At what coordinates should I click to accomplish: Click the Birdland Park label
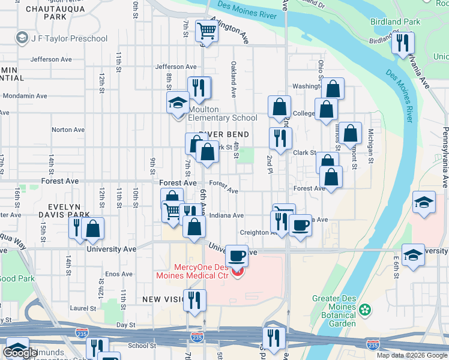tap(395, 22)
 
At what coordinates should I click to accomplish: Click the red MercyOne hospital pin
tap(238, 273)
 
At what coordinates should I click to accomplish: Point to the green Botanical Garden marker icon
tap(364, 310)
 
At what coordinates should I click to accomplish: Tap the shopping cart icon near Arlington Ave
tap(206, 30)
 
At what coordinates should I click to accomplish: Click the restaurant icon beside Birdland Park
tap(403, 43)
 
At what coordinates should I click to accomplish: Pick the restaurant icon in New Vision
tap(194, 299)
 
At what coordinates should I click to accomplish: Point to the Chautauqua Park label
tap(55, 13)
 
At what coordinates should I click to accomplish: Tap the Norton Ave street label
tap(68, 130)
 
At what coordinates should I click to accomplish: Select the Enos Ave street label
tap(119, 274)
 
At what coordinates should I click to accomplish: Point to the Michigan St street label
tap(371, 146)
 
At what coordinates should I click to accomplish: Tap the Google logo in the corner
tap(20, 353)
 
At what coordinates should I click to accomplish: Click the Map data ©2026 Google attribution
tap(411, 355)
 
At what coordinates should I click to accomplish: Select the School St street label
tap(142, 346)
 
